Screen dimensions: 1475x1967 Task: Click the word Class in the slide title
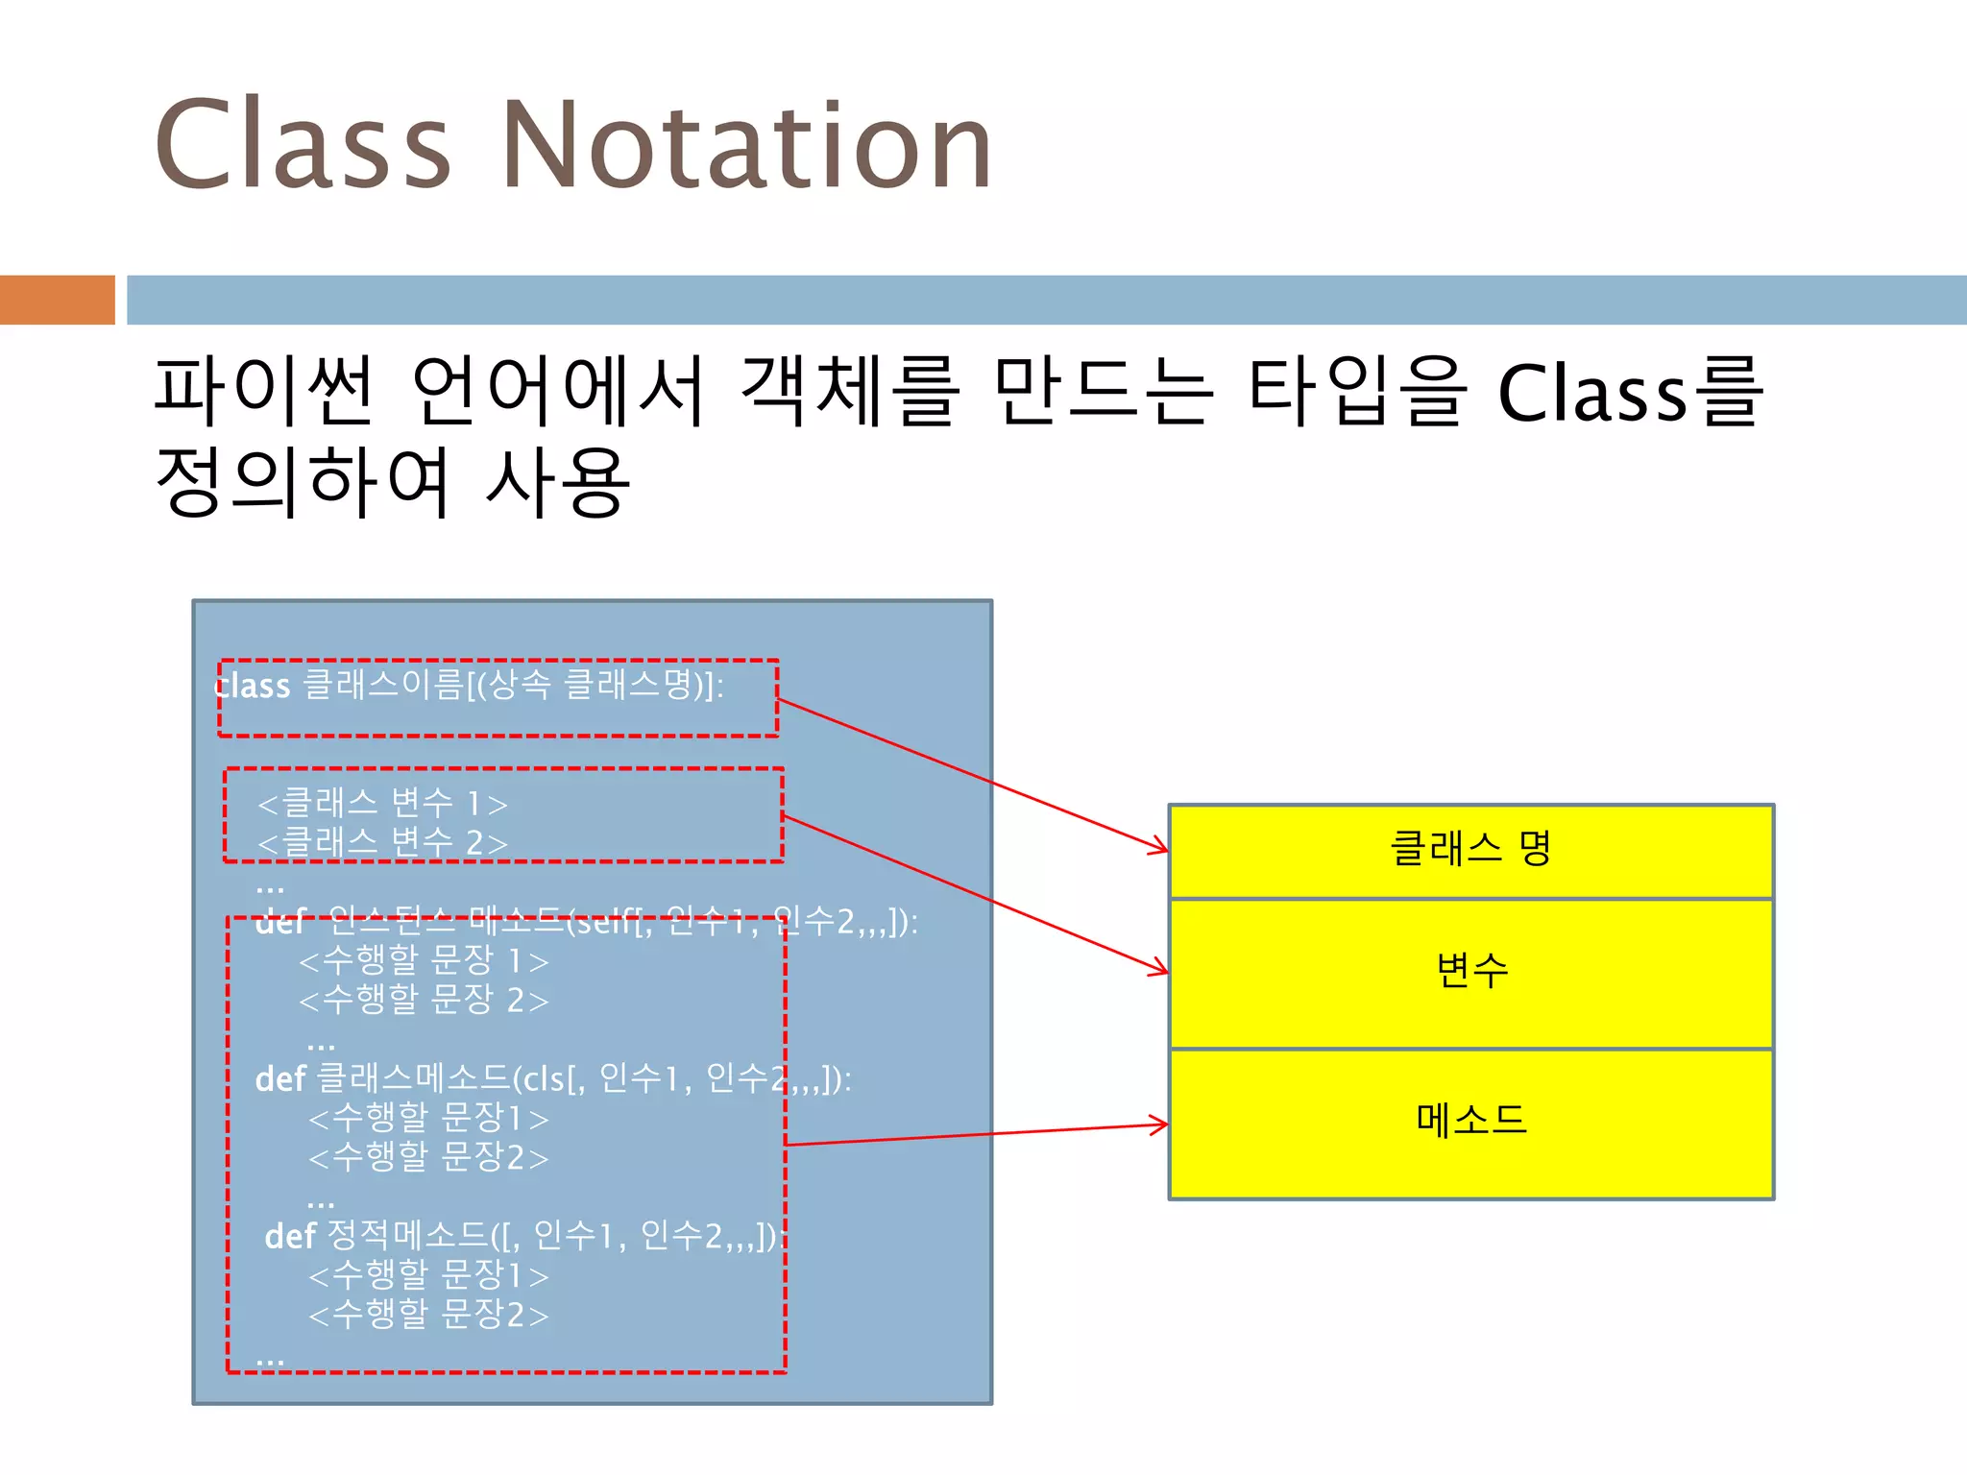(302, 146)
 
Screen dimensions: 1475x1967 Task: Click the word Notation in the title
(746, 146)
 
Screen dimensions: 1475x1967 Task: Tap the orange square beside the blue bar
(57, 300)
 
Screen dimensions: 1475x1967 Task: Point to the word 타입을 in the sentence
(1357, 391)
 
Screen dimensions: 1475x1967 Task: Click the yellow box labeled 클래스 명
(1470, 851)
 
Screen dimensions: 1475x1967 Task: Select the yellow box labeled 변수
(1470, 973)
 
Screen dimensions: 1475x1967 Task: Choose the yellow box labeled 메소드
(1470, 1123)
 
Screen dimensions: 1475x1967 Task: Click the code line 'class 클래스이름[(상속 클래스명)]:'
(469, 686)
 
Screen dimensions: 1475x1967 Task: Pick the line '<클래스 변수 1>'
(382, 803)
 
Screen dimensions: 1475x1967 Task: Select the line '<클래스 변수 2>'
(382, 842)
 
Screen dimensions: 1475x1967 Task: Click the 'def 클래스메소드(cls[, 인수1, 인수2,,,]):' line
(552, 1079)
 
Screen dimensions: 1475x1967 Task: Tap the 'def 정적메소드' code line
(523, 1236)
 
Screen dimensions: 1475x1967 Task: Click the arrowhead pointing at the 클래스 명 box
(1160, 848)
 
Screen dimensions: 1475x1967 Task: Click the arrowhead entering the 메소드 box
(1160, 1124)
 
